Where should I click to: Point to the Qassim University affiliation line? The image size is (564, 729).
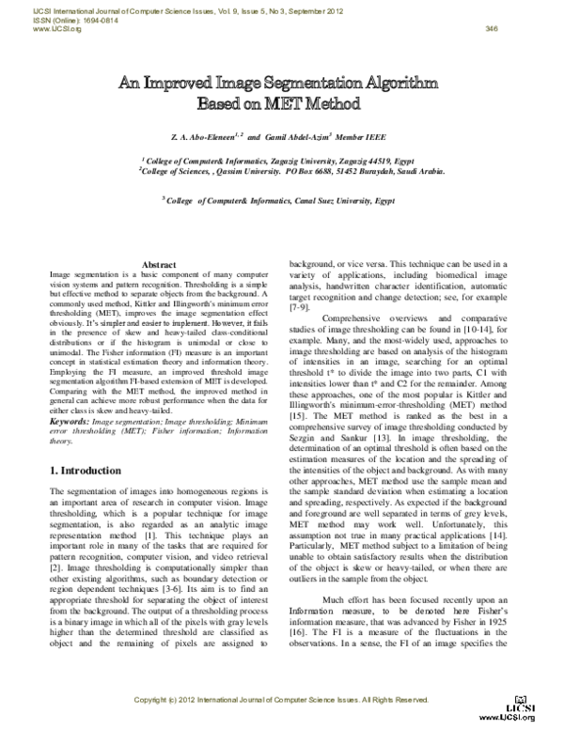pyautogui.click(x=281, y=172)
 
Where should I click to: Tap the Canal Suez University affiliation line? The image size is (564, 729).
pyautogui.click(x=281, y=199)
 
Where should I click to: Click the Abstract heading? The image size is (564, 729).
pyautogui.click(x=158, y=264)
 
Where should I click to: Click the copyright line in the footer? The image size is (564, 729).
pyautogui.click(x=282, y=701)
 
